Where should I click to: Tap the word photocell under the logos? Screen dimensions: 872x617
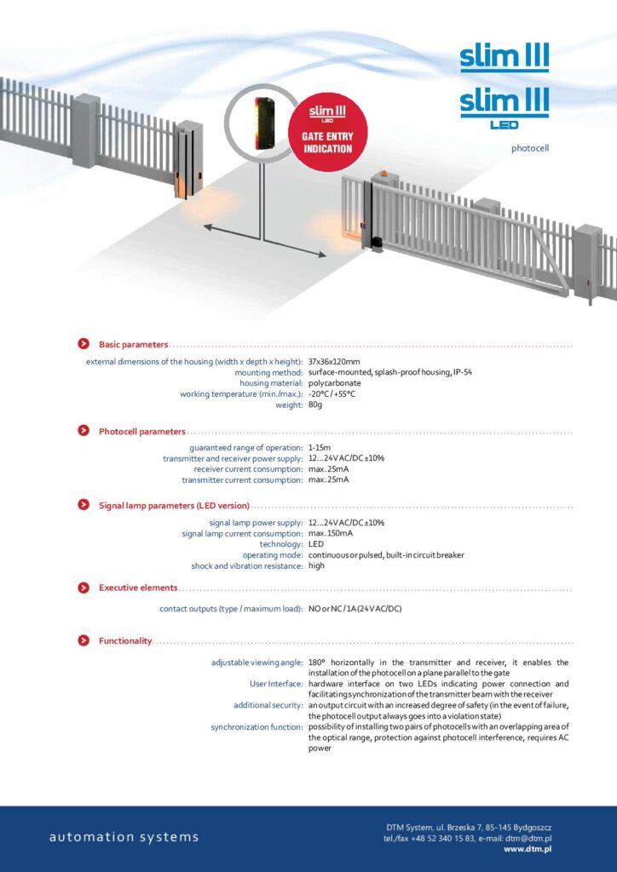pyautogui.click(x=529, y=148)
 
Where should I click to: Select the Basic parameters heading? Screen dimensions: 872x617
pyautogui.click(x=133, y=344)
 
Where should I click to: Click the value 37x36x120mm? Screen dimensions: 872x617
pyautogui.click(x=335, y=362)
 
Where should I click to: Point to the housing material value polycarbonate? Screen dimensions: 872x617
pyautogui.click(x=335, y=383)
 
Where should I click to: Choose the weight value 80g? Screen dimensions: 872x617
pyautogui.click(x=315, y=404)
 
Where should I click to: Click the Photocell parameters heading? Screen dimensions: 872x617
pyautogui.click(x=141, y=432)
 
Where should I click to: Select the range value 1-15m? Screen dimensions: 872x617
pyautogui.click(x=320, y=448)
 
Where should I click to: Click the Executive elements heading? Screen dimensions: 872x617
pyautogui.click(x=138, y=588)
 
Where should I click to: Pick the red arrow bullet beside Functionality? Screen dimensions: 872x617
pyautogui.click(x=84, y=640)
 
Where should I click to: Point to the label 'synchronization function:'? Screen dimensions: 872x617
pyautogui.click(x=257, y=726)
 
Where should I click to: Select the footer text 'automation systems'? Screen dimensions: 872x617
pyautogui.click(x=124, y=837)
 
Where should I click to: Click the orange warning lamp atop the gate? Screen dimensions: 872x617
pyautogui.click(x=383, y=176)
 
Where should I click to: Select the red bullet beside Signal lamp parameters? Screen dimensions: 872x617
pyautogui.click(x=84, y=504)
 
